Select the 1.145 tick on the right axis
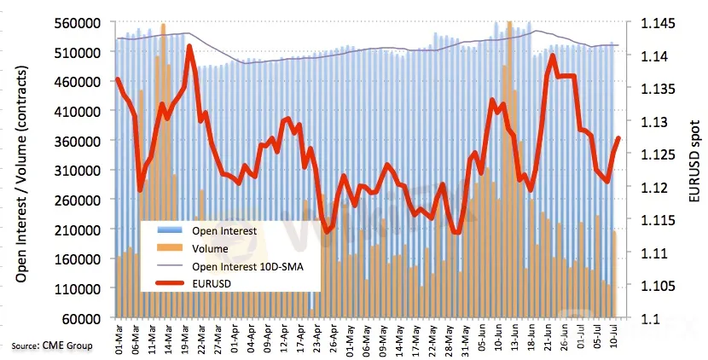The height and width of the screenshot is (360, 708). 653,23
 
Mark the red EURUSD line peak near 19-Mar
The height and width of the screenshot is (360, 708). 189,47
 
